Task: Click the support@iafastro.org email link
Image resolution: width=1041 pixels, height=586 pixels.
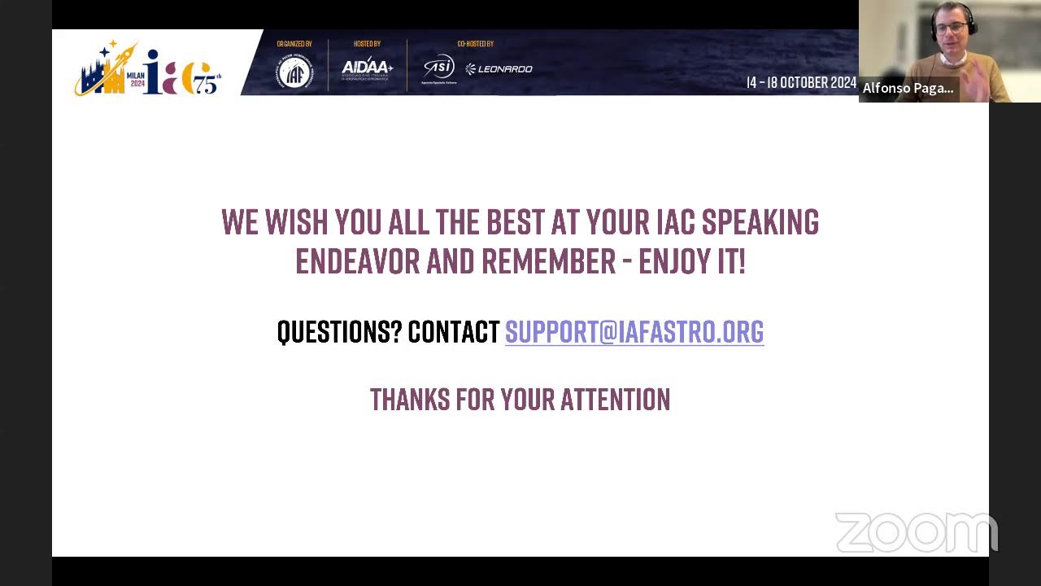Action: coord(634,332)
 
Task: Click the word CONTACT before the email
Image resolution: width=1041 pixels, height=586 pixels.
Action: coord(453,332)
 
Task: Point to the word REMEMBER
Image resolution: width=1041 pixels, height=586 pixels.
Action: coord(548,262)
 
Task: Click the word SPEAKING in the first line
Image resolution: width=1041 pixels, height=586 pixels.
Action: coord(760,222)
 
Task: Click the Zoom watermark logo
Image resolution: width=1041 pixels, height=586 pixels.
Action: coord(916,533)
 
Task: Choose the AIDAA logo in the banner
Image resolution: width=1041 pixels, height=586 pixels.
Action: coord(367,68)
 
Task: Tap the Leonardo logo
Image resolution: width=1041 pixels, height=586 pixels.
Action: coord(499,69)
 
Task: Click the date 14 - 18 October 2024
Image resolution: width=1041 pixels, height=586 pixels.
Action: coord(801,83)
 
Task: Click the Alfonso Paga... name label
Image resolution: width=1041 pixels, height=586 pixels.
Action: coord(908,88)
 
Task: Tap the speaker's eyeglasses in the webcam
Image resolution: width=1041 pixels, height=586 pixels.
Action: coord(951,27)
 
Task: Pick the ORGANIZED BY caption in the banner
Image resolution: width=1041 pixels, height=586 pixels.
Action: coord(294,44)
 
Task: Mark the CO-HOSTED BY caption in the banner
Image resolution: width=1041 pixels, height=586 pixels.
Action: coord(475,44)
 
